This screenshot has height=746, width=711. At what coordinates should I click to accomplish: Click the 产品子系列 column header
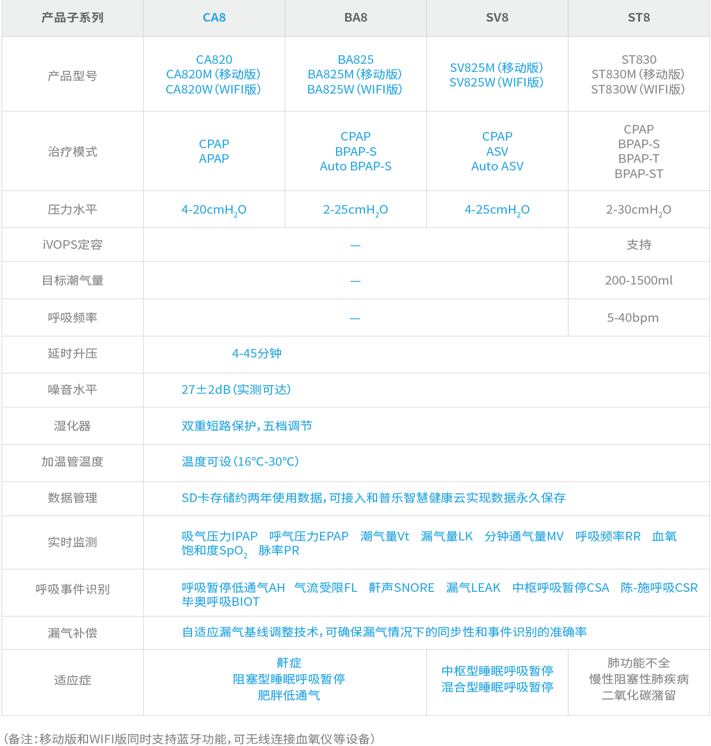coord(73,18)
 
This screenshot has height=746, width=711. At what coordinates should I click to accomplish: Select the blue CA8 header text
coord(214,18)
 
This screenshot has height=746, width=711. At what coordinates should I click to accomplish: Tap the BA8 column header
coord(356,18)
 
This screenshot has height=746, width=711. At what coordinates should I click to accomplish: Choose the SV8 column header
coord(497,18)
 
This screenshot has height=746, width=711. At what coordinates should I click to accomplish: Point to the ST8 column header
coord(638,18)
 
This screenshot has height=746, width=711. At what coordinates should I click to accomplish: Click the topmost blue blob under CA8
coord(213,75)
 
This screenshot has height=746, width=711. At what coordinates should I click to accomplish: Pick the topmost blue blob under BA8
coord(355,75)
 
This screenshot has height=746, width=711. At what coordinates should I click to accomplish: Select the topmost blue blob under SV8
coord(497,75)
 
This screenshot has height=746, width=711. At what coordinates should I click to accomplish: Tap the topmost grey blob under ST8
coord(638,75)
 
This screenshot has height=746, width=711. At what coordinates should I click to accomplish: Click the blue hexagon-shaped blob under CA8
coord(214,151)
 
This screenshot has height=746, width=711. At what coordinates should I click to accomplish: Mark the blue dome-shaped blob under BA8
coord(356,152)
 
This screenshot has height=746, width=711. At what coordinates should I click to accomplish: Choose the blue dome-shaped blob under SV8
coord(497,152)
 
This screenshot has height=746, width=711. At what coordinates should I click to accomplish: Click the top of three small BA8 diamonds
coord(355,245)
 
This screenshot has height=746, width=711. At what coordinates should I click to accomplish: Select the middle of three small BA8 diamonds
coord(355,281)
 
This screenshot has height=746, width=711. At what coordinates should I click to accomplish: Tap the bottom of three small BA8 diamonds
coord(355,318)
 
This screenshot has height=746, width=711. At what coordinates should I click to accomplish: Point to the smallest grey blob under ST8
coord(640,245)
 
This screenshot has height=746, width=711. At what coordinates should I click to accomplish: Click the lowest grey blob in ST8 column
coord(638,680)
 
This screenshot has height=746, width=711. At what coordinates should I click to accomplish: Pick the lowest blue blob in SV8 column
coord(497,680)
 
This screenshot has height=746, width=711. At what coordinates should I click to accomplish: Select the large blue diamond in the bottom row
coord(289,681)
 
